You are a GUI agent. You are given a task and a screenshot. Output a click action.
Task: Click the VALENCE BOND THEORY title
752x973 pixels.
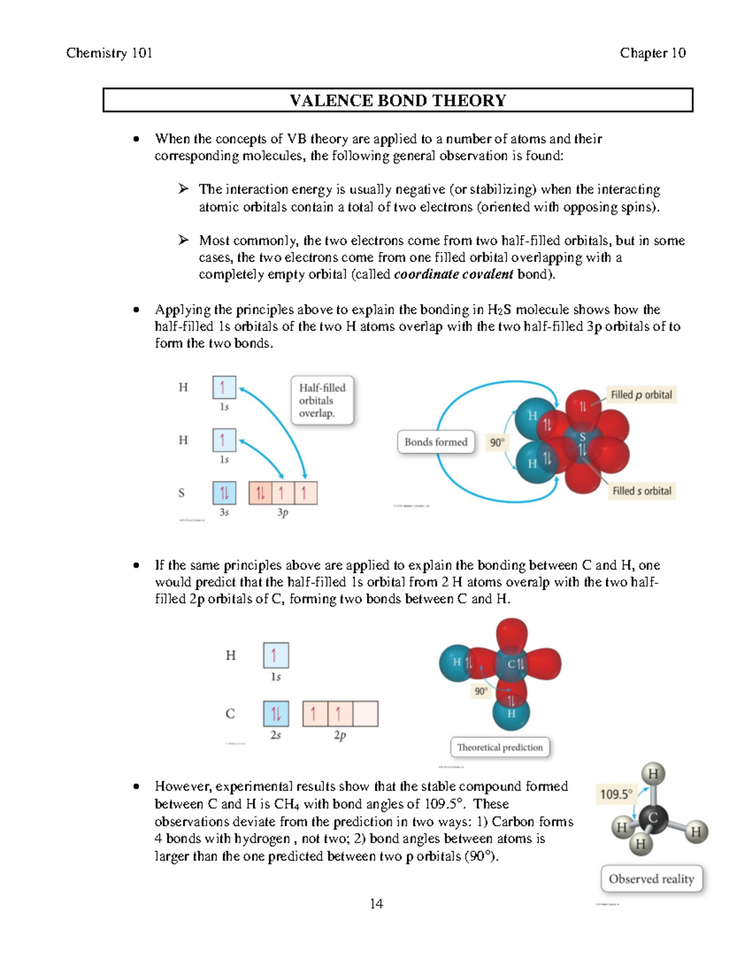[x=397, y=100]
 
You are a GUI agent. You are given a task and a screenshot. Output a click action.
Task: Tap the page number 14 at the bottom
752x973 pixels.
[x=376, y=903]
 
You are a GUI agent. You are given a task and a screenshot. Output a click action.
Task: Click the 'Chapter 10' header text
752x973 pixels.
[x=652, y=53]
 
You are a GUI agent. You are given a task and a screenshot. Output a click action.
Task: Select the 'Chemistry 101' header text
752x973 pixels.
[x=109, y=53]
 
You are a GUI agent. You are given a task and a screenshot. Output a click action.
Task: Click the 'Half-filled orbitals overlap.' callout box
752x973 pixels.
[x=322, y=400]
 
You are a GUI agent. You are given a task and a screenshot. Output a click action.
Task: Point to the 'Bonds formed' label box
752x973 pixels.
[x=436, y=442]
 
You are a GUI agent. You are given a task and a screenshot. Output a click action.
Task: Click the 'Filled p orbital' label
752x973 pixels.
[x=640, y=395]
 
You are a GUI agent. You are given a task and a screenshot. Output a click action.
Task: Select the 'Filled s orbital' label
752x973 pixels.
[x=642, y=491]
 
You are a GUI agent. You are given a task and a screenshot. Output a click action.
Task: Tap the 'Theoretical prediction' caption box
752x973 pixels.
[x=499, y=747]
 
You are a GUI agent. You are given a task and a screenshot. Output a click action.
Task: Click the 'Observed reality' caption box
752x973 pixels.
[x=651, y=879]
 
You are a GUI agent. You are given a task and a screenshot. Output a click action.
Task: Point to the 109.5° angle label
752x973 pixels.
[x=616, y=794]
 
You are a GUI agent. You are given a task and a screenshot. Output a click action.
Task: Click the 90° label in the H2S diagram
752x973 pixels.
[x=497, y=442]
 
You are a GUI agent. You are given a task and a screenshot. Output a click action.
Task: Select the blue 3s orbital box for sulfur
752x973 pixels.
[x=224, y=493]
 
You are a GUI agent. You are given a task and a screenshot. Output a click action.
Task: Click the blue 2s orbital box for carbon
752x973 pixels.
[x=276, y=714]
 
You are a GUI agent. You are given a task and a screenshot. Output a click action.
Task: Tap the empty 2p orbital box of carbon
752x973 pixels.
[x=365, y=714]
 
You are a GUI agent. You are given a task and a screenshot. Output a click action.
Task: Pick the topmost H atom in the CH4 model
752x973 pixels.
[x=653, y=774]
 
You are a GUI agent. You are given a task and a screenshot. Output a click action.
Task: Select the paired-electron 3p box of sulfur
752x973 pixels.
[x=260, y=493]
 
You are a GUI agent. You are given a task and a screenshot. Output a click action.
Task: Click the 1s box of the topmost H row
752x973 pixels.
[x=224, y=387]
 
